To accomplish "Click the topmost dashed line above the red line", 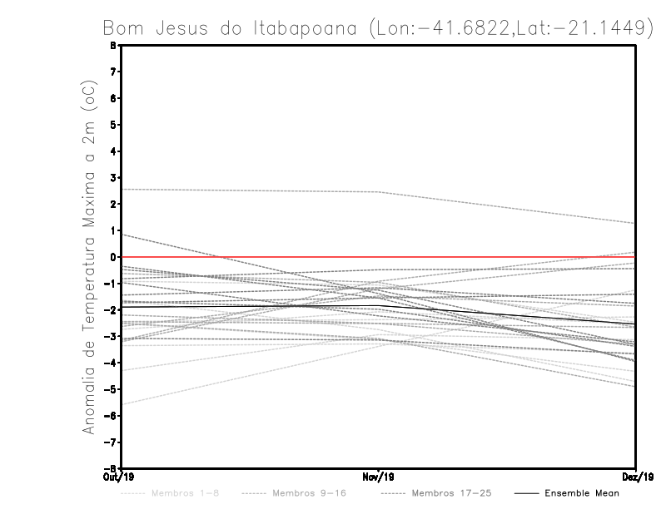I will (x=250, y=190).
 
